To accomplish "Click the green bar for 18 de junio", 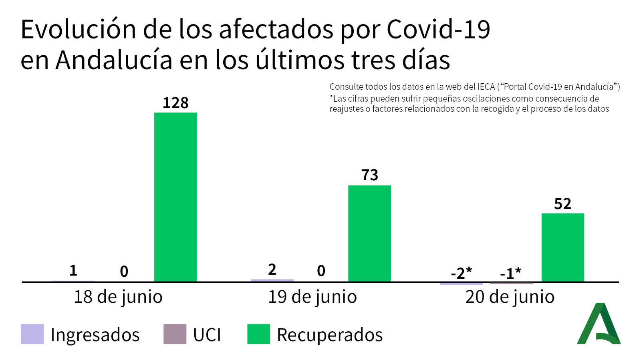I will pyautogui.click(x=175, y=197).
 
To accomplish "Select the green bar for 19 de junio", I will pyautogui.click(x=369, y=233).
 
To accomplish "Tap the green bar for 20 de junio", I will pyautogui.click(x=562, y=247).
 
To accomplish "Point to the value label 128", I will pyautogui.click(x=175, y=103).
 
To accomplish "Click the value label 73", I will pyautogui.click(x=369, y=175).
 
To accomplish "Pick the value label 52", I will pyautogui.click(x=562, y=204).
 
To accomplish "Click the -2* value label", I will pyautogui.click(x=462, y=273).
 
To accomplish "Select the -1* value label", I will pyautogui.click(x=511, y=274).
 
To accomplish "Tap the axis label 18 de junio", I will pyautogui.click(x=118, y=297).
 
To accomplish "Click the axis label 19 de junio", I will pyautogui.click(x=312, y=297).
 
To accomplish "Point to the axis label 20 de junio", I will pyautogui.click(x=510, y=297).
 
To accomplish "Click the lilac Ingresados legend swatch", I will pyautogui.click(x=32, y=334).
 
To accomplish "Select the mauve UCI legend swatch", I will pyautogui.click(x=175, y=334).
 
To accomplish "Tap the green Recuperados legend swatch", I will pyautogui.click(x=258, y=334).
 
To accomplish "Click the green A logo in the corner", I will pyautogui.click(x=599, y=324).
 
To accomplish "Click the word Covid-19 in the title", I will pyautogui.click(x=438, y=29).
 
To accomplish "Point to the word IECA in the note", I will pyautogui.click(x=486, y=86).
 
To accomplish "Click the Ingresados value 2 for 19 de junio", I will pyautogui.click(x=272, y=269).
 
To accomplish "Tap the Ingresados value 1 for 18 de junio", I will pyautogui.click(x=73, y=270).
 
